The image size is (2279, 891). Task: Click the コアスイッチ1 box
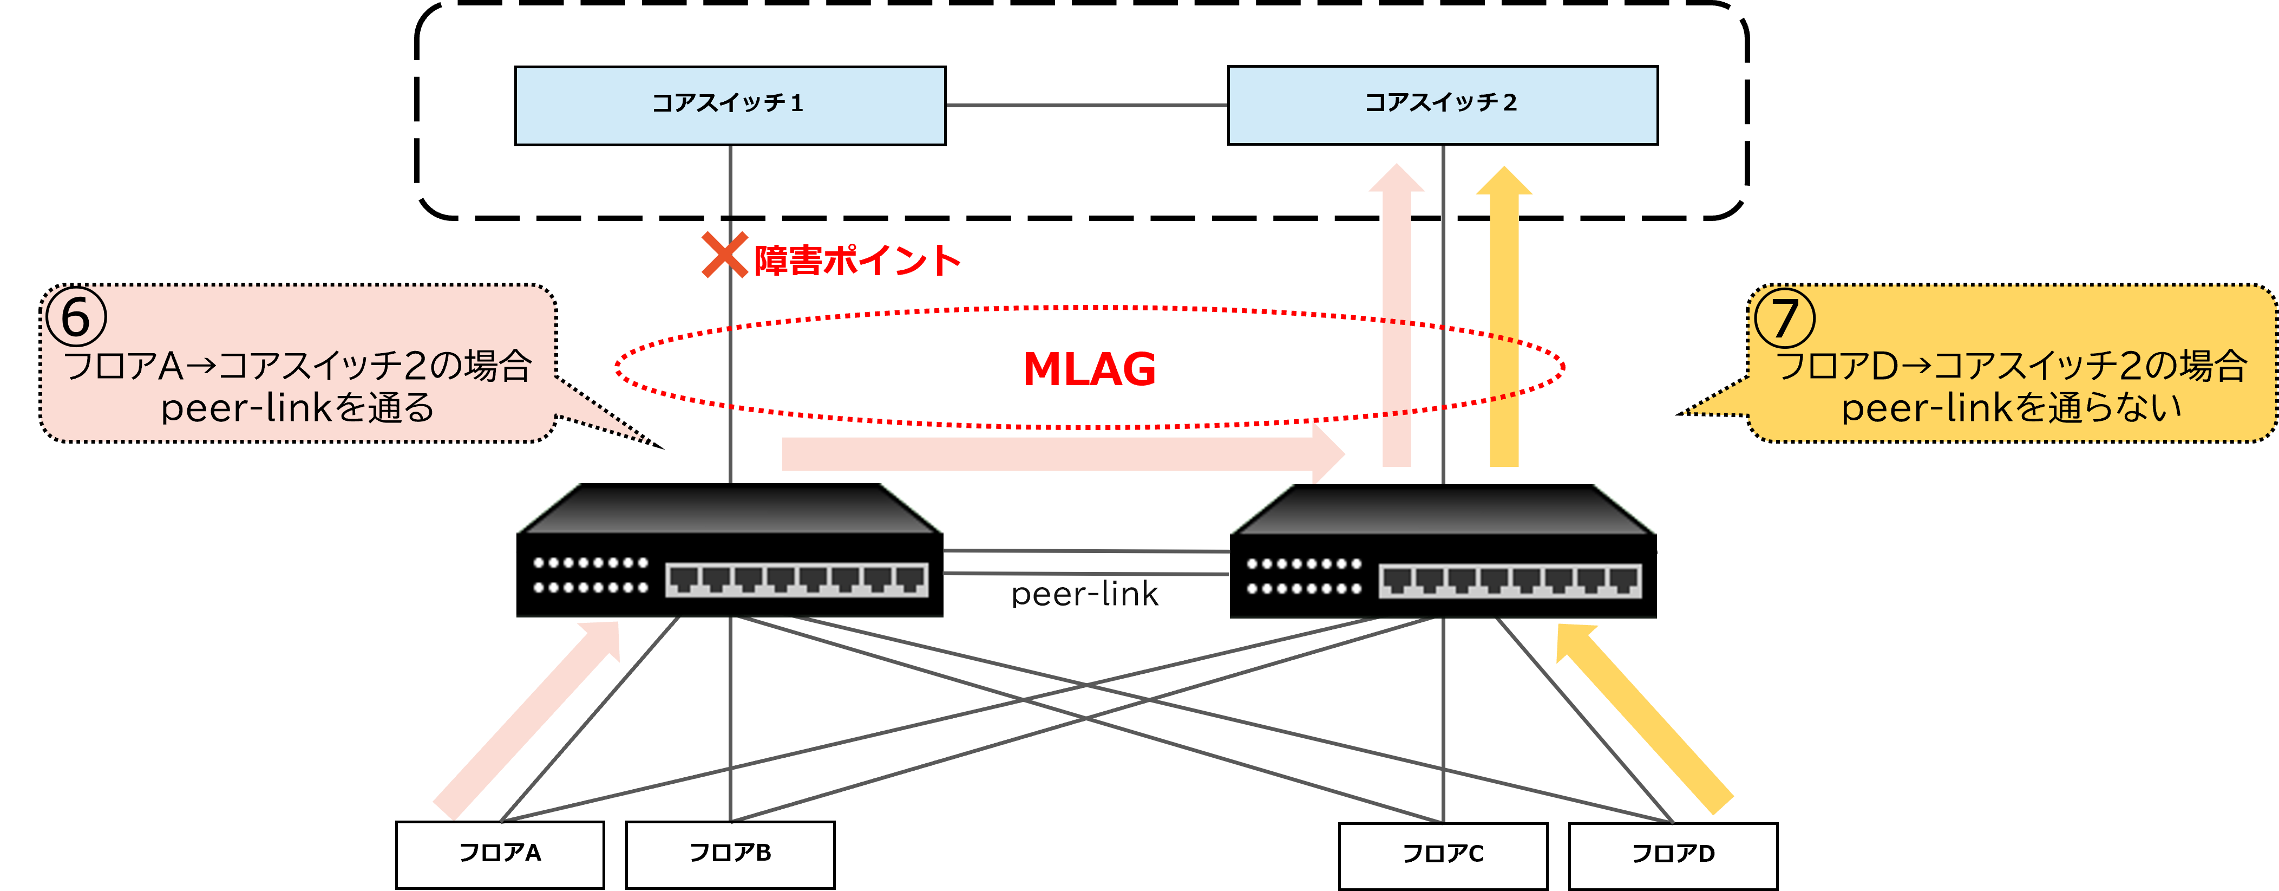coord(730,105)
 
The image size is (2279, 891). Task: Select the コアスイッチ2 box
coord(1442,105)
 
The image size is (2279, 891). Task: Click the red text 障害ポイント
coord(856,260)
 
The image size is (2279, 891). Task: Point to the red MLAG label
coord(1089,369)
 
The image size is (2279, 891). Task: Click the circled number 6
coord(76,317)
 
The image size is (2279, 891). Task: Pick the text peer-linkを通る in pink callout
coord(297,408)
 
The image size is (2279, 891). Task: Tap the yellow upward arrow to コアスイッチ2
coord(1504,318)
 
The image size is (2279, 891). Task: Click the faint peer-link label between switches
coord(1085,594)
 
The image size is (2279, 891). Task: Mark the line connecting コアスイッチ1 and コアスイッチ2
coord(1086,105)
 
